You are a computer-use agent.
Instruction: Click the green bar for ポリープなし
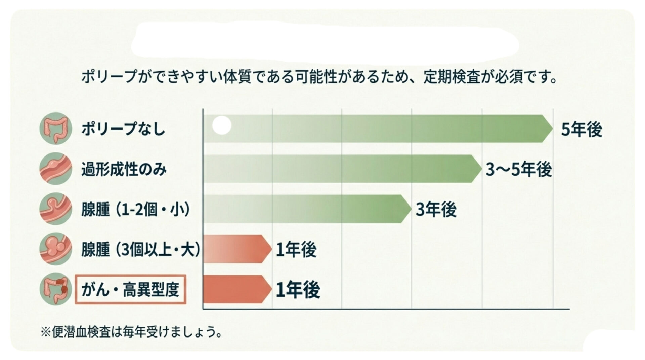tap(376, 129)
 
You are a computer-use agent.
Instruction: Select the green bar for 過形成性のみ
tap(341, 169)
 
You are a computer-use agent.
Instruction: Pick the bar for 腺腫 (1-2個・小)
tap(306, 209)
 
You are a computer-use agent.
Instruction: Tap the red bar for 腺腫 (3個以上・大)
tap(237, 249)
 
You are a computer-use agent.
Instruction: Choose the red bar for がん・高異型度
tap(237, 289)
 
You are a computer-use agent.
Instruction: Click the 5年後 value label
tap(582, 129)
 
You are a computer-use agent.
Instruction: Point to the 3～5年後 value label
tap(519, 169)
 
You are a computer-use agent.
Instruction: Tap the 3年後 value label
tap(436, 210)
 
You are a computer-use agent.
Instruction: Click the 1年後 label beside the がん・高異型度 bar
tap(298, 289)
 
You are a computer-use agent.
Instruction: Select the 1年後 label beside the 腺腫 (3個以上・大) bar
tap(296, 250)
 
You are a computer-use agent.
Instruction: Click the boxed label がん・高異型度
tap(130, 289)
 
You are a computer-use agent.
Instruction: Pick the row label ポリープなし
tap(123, 129)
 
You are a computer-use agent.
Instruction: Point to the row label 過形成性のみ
tap(124, 169)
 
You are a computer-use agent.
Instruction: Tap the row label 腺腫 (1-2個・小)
tap(136, 209)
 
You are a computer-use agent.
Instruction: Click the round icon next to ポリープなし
tap(55, 129)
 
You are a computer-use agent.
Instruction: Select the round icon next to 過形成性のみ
tap(55, 169)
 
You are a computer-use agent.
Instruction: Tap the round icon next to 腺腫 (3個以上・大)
tap(55, 249)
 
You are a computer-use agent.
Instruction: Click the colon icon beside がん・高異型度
tap(55, 289)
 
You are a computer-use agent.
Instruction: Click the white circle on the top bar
tap(222, 125)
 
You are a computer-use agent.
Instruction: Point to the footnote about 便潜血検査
tap(131, 332)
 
